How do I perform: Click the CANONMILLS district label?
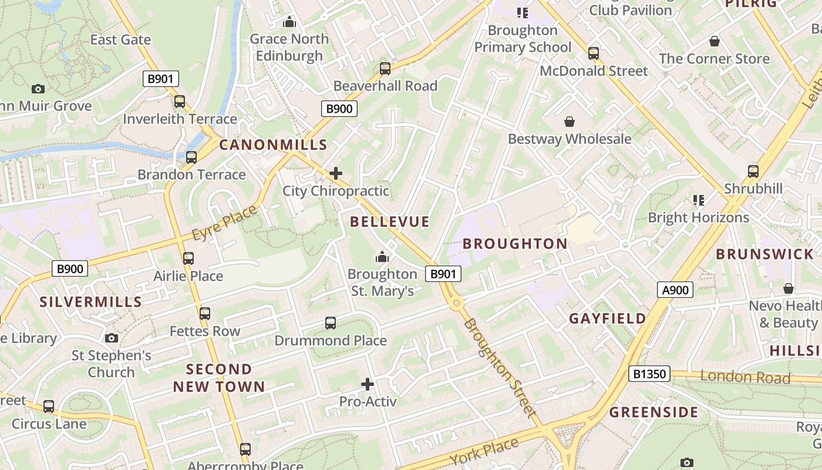click(273, 145)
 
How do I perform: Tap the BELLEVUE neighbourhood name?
click(390, 221)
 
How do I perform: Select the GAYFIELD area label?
click(607, 318)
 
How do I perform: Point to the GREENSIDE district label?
click(653, 412)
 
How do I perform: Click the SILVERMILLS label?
click(90, 302)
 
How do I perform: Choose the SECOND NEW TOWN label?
click(218, 378)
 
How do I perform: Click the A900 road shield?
click(675, 290)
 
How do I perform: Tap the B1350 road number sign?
click(649, 374)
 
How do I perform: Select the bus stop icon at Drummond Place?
click(331, 323)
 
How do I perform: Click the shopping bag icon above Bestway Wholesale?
click(569, 122)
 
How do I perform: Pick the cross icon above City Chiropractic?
click(336, 173)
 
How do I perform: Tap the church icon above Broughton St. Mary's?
click(382, 257)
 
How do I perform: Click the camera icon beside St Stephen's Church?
click(112, 338)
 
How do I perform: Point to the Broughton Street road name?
click(500, 368)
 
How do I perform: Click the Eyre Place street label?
click(224, 223)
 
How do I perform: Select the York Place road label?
click(485, 451)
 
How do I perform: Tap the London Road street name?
click(744, 377)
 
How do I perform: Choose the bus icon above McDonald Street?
click(594, 53)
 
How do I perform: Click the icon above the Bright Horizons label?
click(698, 200)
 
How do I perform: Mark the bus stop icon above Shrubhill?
click(753, 172)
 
